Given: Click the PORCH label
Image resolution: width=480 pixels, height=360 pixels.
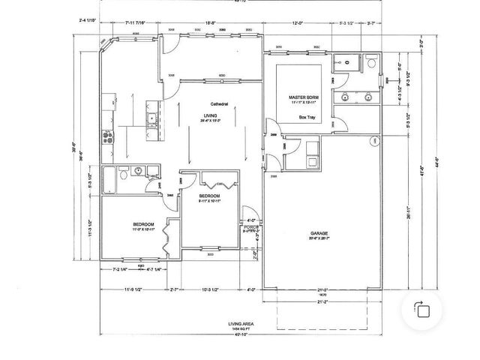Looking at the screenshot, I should coord(250,226).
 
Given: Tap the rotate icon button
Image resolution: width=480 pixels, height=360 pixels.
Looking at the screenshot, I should coord(422,310).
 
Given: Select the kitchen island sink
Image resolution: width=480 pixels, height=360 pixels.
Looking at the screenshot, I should coord(151,118).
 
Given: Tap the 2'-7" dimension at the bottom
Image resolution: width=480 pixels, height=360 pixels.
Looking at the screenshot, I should coord(174,289).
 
